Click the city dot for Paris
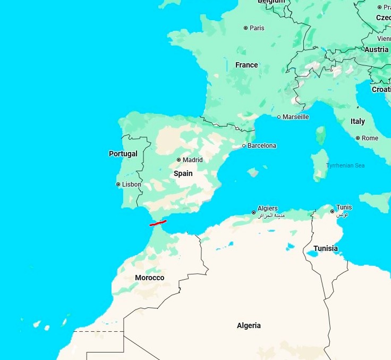(x=245, y=28)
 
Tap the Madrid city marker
(x=179, y=160)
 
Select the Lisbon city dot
(x=118, y=185)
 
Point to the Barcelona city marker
(x=244, y=146)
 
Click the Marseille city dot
(x=279, y=117)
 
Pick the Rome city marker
(x=358, y=138)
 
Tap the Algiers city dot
(x=253, y=213)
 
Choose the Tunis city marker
(x=333, y=212)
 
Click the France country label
(x=246, y=65)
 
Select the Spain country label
(x=183, y=173)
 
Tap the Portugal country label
(x=123, y=154)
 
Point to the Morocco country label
(x=149, y=278)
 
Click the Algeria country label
(x=249, y=325)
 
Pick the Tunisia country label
(x=325, y=248)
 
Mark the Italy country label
(x=358, y=121)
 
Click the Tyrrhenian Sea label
(x=345, y=165)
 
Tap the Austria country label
(x=376, y=49)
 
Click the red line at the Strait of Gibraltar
(x=158, y=223)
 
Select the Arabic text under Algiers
(x=271, y=216)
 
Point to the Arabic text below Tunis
(x=342, y=214)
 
